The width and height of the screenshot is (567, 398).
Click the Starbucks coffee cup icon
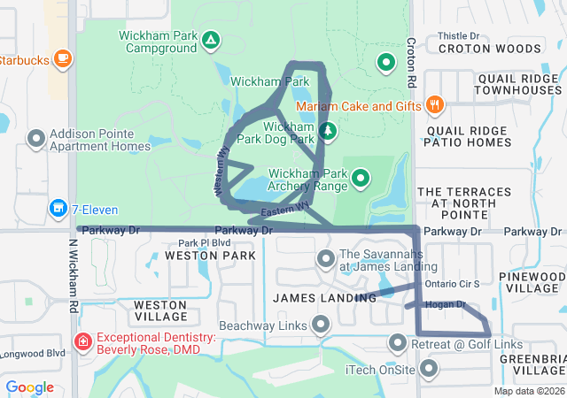[62, 59]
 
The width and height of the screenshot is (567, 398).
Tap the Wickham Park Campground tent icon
[211, 41]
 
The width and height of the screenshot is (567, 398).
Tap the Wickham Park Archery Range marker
[361, 180]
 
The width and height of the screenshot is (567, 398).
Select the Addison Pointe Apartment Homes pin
[36, 139]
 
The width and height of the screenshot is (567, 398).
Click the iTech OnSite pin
[429, 368]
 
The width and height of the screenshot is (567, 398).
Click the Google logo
[30, 387]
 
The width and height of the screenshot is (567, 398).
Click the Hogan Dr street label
[445, 304]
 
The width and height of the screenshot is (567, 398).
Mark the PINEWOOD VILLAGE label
[533, 282]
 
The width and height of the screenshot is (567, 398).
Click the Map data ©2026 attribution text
[528, 391]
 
